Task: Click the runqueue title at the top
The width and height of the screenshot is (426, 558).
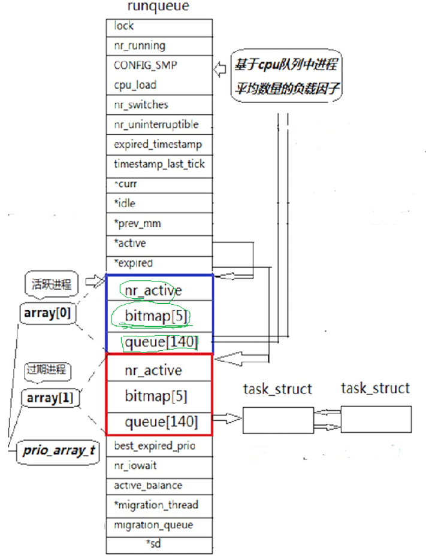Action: click(158, 8)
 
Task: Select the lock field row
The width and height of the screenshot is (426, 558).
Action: click(159, 26)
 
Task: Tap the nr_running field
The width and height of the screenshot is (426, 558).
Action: click(159, 46)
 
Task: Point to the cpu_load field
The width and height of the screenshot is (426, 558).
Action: click(159, 85)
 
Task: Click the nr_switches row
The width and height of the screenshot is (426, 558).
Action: click(159, 105)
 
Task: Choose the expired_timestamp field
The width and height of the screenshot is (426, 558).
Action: click(159, 144)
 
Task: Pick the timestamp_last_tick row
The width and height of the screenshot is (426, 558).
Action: click(159, 164)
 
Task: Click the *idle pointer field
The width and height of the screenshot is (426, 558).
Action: click(159, 204)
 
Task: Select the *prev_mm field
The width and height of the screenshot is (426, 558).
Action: click(159, 223)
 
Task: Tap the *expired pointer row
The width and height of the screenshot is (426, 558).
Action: click(159, 263)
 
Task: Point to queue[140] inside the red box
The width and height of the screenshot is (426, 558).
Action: click(161, 422)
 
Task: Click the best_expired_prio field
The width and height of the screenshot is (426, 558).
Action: click(159, 445)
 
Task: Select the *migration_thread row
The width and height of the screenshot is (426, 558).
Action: click(159, 505)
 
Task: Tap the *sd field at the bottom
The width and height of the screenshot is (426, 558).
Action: click(159, 544)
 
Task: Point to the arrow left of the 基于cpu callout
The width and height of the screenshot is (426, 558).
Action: click(220, 70)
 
